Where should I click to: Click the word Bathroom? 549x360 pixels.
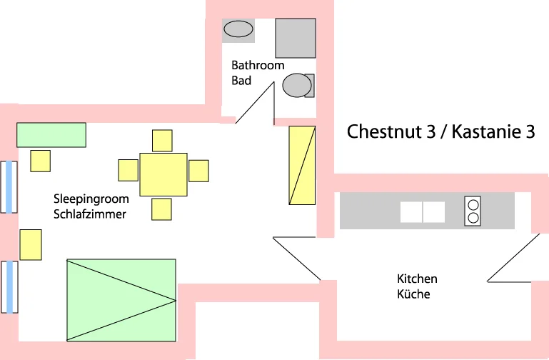258,65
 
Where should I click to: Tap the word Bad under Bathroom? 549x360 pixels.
241,81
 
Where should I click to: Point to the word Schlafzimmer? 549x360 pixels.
90,214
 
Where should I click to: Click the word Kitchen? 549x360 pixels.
417,279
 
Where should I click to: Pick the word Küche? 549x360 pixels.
413,294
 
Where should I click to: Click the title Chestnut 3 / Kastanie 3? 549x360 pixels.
440,132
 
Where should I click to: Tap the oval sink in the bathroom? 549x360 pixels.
238,29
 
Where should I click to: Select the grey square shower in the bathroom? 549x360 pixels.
296,38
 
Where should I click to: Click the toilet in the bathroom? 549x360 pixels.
297,86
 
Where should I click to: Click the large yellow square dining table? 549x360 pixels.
163,174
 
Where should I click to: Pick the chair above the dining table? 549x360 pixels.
162,140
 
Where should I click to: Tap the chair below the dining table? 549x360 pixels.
161,209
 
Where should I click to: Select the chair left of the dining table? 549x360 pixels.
128,170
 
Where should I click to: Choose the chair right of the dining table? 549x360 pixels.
198,171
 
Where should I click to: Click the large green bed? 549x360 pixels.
121,300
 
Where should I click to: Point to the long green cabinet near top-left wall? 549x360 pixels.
51,134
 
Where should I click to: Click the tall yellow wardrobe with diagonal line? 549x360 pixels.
301,164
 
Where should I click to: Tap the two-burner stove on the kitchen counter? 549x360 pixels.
473,211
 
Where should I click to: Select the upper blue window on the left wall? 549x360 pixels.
9,187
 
